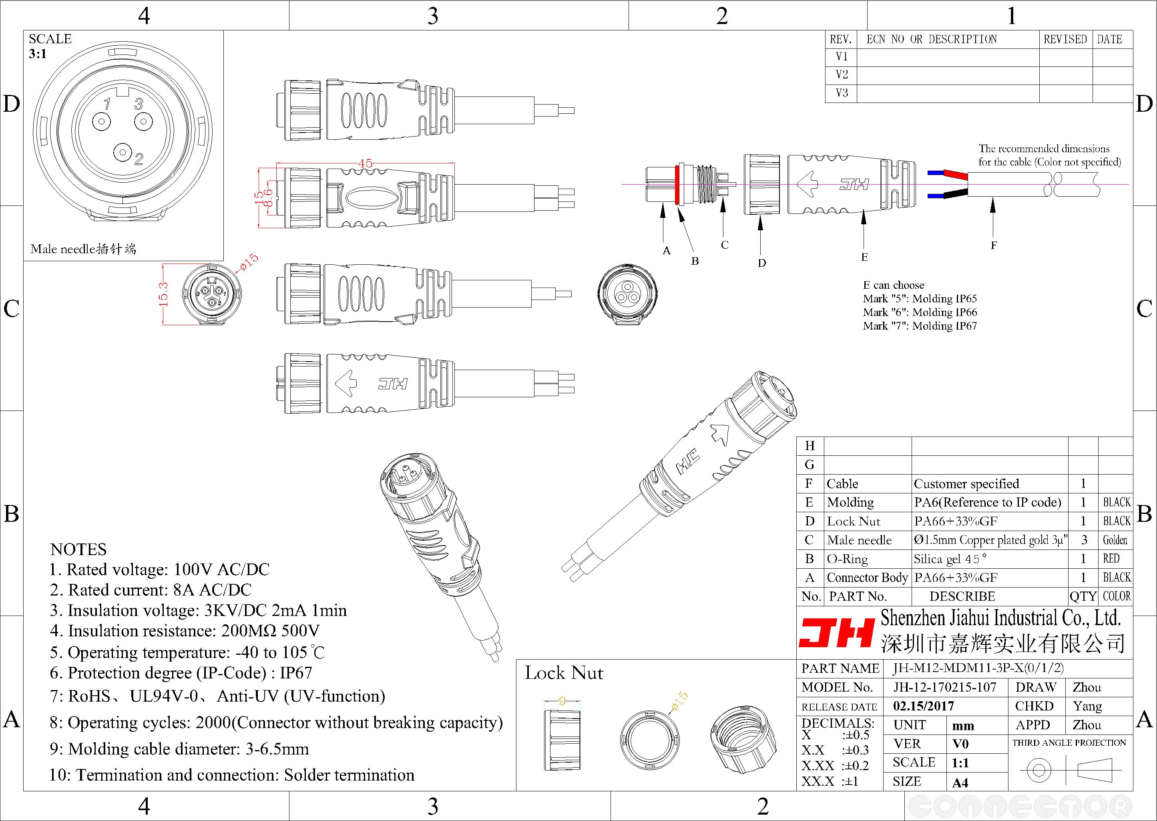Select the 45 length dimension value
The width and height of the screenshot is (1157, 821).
click(365, 163)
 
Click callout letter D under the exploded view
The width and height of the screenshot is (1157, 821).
click(761, 263)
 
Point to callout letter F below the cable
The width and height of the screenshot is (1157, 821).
click(993, 245)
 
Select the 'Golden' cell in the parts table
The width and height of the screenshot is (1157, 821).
click(1115, 540)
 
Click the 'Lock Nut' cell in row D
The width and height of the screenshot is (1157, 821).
click(854, 521)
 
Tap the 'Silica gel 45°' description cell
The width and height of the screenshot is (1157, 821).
click(950, 559)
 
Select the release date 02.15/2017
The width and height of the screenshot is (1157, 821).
click(924, 706)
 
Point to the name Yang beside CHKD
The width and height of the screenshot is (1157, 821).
click(1087, 706)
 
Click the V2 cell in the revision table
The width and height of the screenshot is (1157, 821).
click(842, 75)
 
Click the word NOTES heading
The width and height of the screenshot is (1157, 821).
click(78, 549)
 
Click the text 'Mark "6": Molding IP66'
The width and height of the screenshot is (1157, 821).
click(920, 312)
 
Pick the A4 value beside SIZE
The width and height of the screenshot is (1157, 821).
click(960, 783)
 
